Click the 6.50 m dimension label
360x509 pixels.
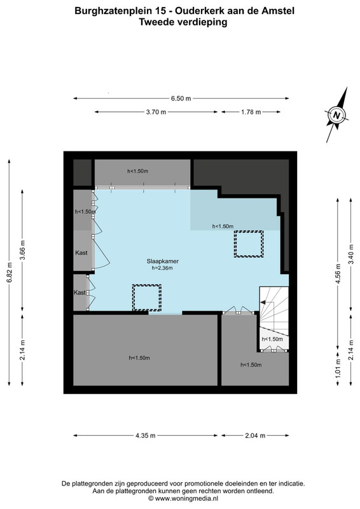point(181,99)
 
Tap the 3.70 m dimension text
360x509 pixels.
point(156,112)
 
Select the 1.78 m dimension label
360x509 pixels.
point(251,112)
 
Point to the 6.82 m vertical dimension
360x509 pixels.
point(10,272)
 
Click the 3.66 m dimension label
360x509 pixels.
point(22,250)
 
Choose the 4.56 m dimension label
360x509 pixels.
point(338,274)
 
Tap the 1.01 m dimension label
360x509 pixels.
point(338,368)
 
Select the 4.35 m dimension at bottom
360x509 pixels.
point(146,436)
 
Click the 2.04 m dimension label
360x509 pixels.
point(255,436)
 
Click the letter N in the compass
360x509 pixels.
point(337,115)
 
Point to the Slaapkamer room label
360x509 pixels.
point(163,261)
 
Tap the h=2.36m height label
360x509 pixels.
point(162,268)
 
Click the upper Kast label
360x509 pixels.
point(81,253)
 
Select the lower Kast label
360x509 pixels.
point(80,293)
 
